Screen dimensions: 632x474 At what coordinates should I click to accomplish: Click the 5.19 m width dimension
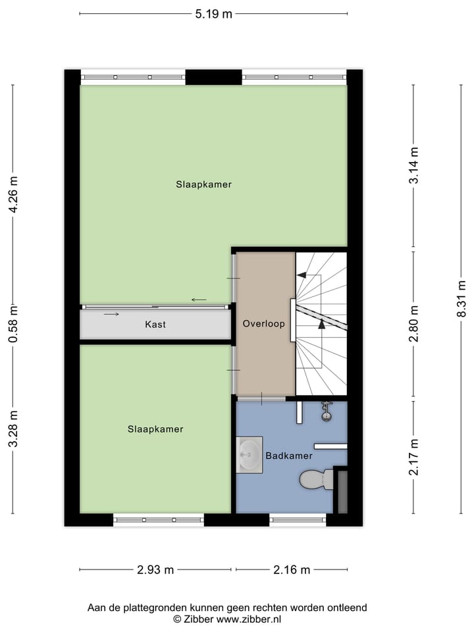213,13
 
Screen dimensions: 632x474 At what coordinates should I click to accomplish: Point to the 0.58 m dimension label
13,324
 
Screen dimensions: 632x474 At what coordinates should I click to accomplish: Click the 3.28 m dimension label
13,429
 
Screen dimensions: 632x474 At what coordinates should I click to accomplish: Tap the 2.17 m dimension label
414,458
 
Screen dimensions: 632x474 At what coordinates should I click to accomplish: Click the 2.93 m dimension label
155,570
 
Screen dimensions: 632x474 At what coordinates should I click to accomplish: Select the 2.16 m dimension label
292,570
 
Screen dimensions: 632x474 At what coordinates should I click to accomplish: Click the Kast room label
155,325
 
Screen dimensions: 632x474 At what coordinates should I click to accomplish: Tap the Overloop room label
263,324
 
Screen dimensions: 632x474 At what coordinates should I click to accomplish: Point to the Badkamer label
288,456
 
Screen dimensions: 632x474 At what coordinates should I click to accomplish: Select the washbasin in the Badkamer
250,454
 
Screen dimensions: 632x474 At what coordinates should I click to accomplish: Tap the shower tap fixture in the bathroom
325,412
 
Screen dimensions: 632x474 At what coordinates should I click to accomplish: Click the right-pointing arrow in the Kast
111,314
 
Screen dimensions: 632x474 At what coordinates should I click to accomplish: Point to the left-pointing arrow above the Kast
199,300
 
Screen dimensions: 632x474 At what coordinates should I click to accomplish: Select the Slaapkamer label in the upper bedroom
203,184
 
